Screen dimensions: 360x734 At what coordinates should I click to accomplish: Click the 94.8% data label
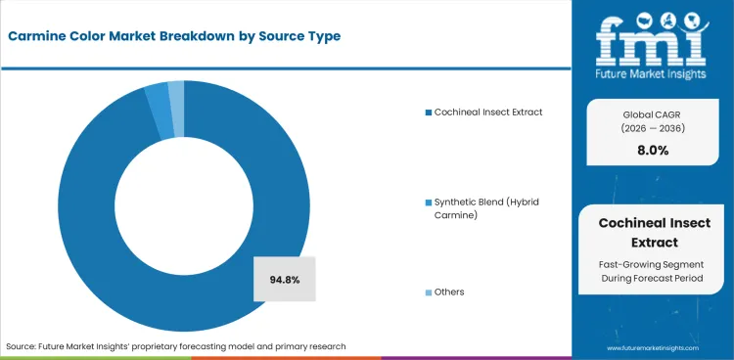pos(284,280)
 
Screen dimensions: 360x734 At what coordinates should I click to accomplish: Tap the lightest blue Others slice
pos(177,92)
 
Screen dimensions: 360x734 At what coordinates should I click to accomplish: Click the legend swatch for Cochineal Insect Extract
pos(428,112)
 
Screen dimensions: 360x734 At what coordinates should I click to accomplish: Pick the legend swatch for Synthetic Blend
pos(428,202)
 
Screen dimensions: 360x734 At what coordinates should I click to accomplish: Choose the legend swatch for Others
pos(428,292)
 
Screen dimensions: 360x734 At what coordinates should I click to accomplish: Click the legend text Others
pos(450,292)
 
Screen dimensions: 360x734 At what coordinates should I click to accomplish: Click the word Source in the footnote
pos(22,346)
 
